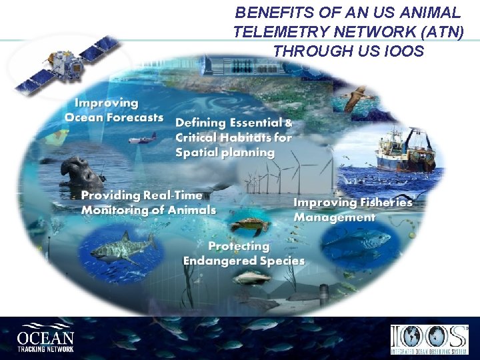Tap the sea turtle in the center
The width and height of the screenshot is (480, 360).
click(249, 227)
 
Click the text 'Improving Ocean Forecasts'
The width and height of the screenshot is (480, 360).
click(113, 110)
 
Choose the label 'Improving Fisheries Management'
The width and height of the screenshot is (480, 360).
click(353, 209)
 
